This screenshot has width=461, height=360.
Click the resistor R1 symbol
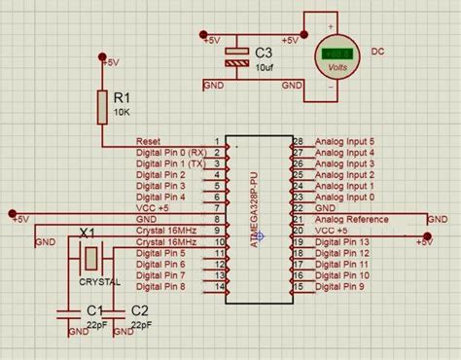(x=103, y=106)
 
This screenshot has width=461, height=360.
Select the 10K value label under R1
(x=122, y=112)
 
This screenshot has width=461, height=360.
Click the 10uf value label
(x=265, y=67)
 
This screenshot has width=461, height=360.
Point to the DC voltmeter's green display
(x=338, y=53)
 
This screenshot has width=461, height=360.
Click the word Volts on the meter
(x=338, y=68)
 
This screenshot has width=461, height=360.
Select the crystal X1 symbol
(x=89, y=258)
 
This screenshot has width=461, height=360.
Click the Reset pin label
(x=149, y=141)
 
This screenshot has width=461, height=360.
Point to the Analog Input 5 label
(x=344, y=141)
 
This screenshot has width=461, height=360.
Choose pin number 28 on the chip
(x=299, y=141)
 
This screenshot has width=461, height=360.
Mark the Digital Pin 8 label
(x=160, y=287)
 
